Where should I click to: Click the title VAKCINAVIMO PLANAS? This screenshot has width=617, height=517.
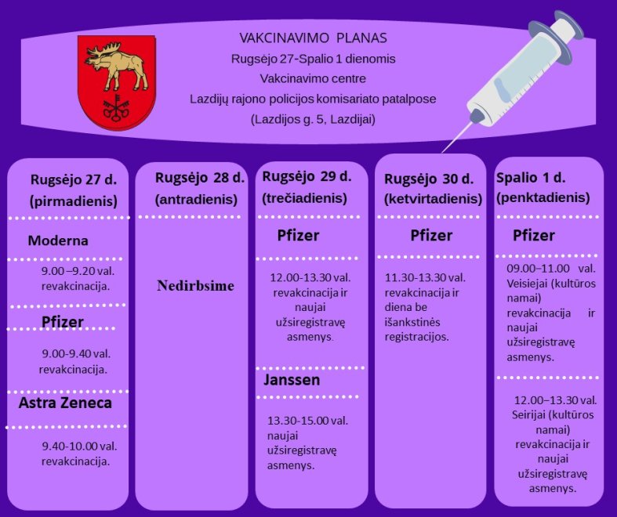tap(314, 38)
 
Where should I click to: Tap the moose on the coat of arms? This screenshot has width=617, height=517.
tap(116, 65)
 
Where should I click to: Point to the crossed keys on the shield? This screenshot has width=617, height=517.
tap(116, 108)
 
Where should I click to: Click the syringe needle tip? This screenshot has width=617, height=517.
tap(443, 152)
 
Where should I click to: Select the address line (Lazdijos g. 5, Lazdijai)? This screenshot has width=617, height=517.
tap(313, 119)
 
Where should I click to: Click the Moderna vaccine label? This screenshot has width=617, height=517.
tap(58, 240)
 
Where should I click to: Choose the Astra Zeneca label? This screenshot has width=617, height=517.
tap(65, 403)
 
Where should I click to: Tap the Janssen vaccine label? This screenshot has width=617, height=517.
tap(292, 380)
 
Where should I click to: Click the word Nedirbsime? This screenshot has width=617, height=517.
tap(195, 286)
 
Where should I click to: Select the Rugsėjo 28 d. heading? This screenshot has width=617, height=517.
tap(200, 178)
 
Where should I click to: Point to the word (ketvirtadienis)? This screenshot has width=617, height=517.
tap(433, 199)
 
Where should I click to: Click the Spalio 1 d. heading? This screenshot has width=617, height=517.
tap(531, 178)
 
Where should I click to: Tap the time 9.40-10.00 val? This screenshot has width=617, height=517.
tap(79, 446)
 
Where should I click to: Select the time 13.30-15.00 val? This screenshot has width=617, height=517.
tap(307, 421)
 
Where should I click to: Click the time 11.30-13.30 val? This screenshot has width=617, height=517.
tap(425, 278)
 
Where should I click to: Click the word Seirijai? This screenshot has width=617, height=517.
tap(528, 415)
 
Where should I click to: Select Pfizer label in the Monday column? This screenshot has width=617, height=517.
tap(63, 322)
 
